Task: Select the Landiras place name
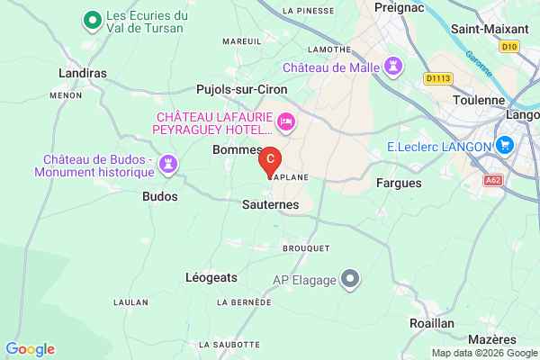point(83,73)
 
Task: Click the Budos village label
point(160,195)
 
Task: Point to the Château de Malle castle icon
point(392,67)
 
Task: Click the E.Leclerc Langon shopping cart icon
point(505,146)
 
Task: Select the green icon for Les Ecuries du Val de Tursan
point(91,20)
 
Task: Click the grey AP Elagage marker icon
point(351,280)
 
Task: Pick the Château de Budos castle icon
point(166,163)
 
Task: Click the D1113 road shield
point(438,78)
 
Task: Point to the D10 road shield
point(509,46)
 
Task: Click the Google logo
point(30,349)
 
